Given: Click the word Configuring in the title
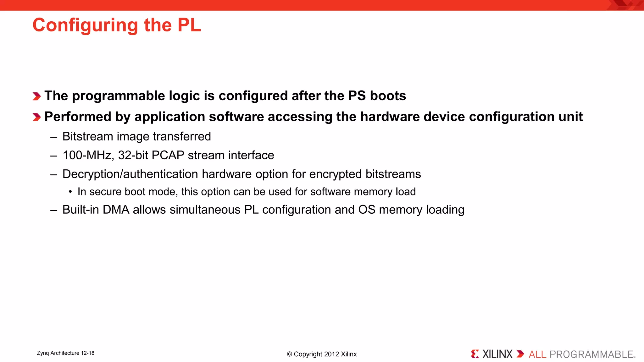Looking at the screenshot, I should [x=85, y=25].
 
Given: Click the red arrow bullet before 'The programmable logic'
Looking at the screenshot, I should [x=37, y=96].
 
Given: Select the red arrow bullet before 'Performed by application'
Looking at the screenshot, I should [x=37, y=117].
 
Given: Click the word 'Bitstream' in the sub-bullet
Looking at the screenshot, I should [x=88, y=136].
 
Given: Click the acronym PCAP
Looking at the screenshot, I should [x=168, y=155].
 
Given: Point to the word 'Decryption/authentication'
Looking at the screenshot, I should [x=130, y=174].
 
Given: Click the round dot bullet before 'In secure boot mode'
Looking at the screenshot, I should [x=70, y=192].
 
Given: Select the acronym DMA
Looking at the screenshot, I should [x=116, y=210].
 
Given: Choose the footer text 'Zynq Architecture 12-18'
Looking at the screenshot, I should [x=66, y=353].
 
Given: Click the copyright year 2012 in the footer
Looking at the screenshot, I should [x=331, y=354].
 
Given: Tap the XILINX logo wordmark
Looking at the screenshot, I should [x=497, y=354].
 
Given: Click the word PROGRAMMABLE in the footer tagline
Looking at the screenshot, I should [x=591, y=354].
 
